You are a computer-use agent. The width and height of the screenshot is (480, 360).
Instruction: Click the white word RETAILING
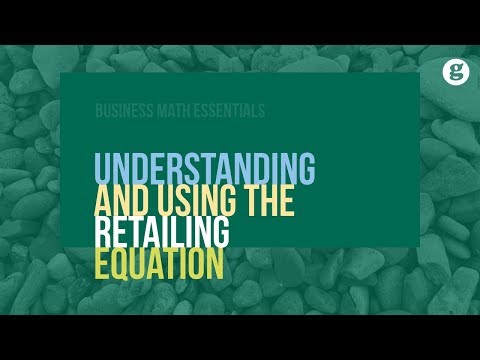[162, 233]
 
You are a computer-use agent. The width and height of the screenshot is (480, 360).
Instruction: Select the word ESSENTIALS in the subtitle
[227, 112]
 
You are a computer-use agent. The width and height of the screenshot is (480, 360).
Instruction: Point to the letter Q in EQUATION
[126, 265]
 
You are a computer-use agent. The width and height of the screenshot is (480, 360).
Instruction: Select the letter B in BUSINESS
[98, 112]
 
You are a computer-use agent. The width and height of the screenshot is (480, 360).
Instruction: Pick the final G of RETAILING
[220, 233]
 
